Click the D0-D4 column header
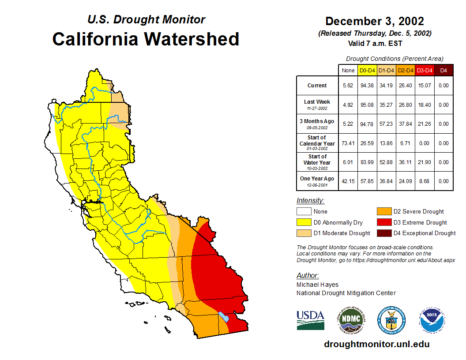[368, 70]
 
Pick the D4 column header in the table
[443, 70]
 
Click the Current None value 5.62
[348, 86]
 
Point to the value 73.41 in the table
[348, 143]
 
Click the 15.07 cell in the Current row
[425, 86]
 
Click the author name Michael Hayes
[317, 285]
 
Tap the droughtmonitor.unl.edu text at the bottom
[376, 344]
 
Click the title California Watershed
[146, 39]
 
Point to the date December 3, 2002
[375, 21]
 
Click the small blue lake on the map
[224, 316]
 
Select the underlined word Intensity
[310, 201]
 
